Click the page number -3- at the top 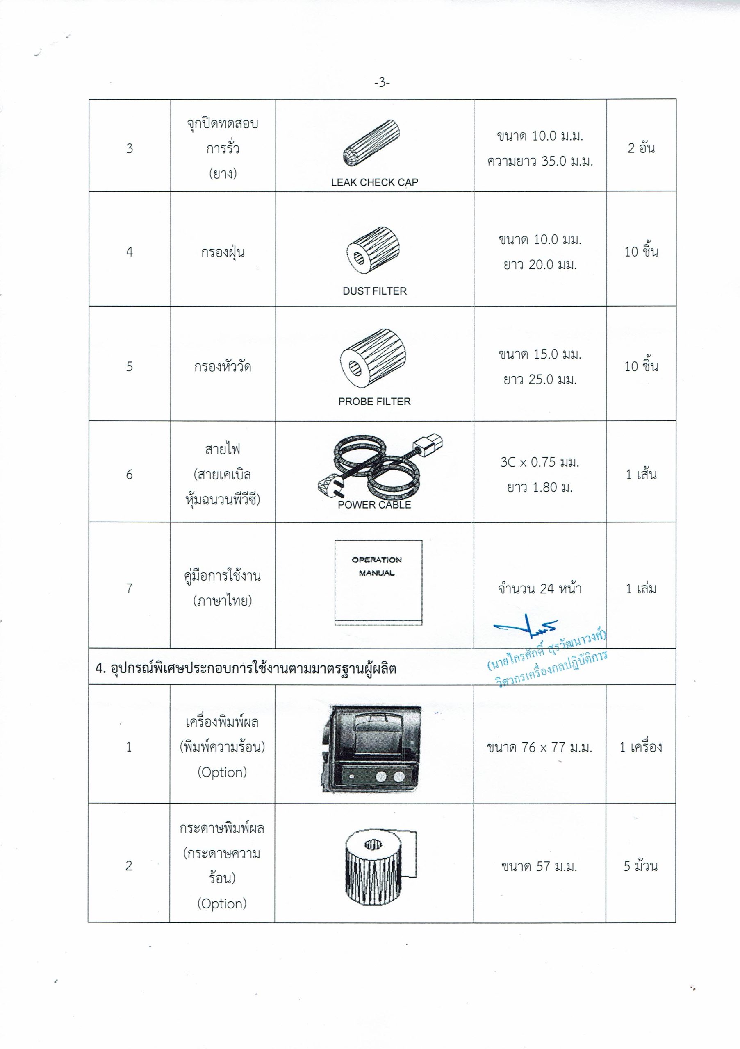pyautogui.click(x=382, y=83)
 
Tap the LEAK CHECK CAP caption pyautogui.click(x=374, y=182)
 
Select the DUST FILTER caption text pyautogui.click(x=374, y=291)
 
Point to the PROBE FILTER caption pyautogui.click(x=374, y=402)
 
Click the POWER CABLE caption pyautogui.click(x=374, y=505)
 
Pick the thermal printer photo pyautogui.click(x=371, y=749)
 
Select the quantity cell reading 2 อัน pyautogui.click(x=641, y=148)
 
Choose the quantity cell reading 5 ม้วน pyautogui.click(x=640, y=866)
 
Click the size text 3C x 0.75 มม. pyautogui.click(x=540, y=462)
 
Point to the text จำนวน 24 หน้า pyautogui.click(x=540, y=588)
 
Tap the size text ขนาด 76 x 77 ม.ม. pyautogui.click(x=540, y=747)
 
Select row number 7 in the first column pyautogui.click(x=130, y=588)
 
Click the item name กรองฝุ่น pyautogui.click(x=223, y=252)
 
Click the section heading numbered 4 pyautogui.click(x=246, y=669)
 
